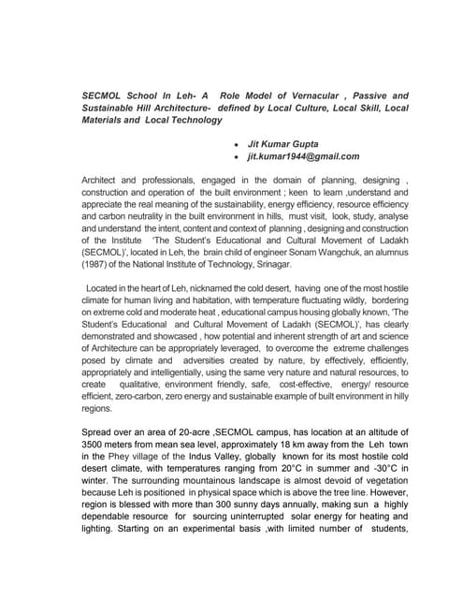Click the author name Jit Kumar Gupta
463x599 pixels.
[x=285, y=144]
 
